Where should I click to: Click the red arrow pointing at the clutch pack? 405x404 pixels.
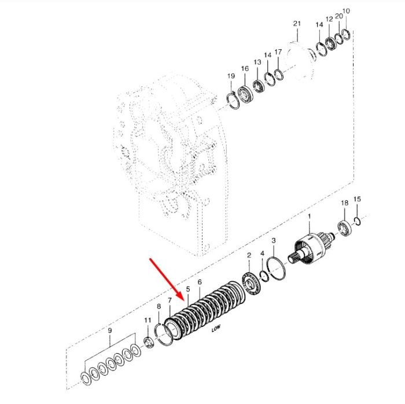pyautogui.click(x=167, y=280)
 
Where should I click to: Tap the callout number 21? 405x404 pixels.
pyautogui.click(x=297, y=24)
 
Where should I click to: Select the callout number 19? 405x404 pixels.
pyautogui.click(x=231, y=76)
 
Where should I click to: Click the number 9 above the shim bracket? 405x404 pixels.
pyautogui.click(x=110, y=330)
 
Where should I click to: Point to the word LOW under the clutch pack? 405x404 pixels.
pyautogui.click(x=216, y=328)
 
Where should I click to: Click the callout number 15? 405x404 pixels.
pyautogui.click(x=357, y=199)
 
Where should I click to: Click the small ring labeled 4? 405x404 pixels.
pyautogui.click(x=264, y=277)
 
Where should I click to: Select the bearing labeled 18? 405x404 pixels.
pyautogui.click(x=345, y=227)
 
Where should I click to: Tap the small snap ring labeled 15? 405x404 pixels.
pyautogui.click(x=358, y=221)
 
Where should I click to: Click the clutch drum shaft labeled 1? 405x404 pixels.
pyautogui.click(x=311, y=249)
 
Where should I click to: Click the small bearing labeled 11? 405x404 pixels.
pyautogui.click(x=149, y=343)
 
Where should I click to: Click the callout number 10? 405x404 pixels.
pyautogui.click(x=346, y=11)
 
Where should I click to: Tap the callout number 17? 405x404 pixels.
pyautogui.click(x=278, y=52)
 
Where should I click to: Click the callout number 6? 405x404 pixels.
pyautogui.click(x=200, y=282)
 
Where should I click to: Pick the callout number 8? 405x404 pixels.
pyautogui.click(x=159, y=306)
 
